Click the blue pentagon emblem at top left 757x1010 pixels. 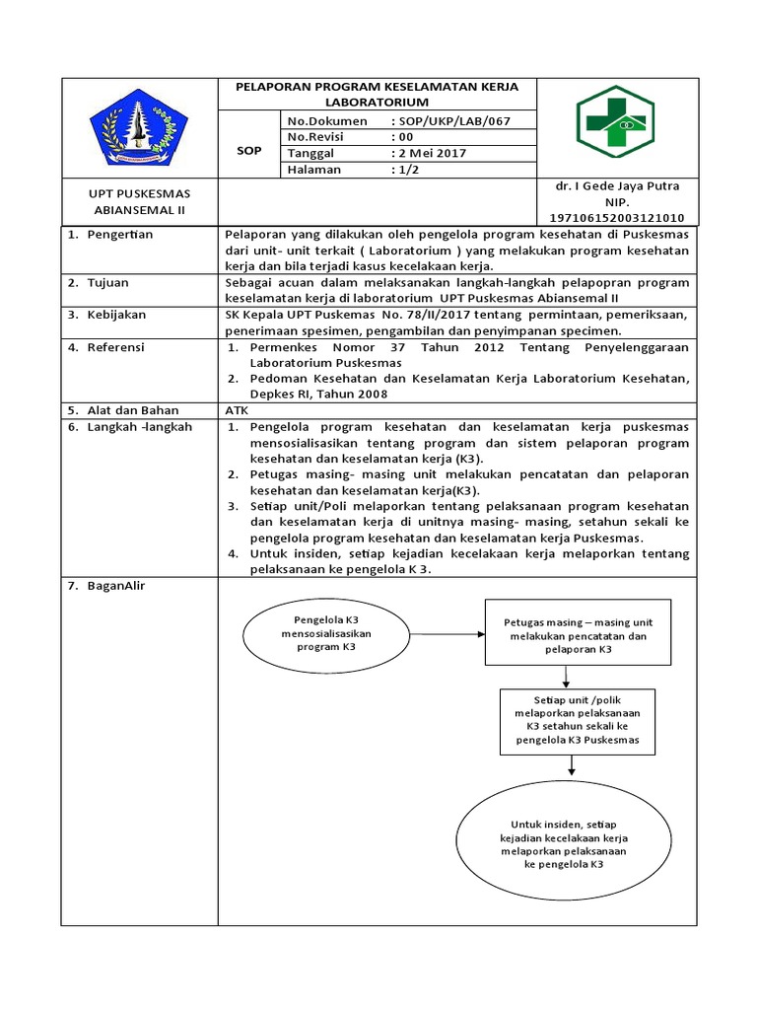[x=138, y=128]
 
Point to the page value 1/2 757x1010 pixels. [x=407, y=169]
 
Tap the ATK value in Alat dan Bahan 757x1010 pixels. [x=238, y=409]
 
